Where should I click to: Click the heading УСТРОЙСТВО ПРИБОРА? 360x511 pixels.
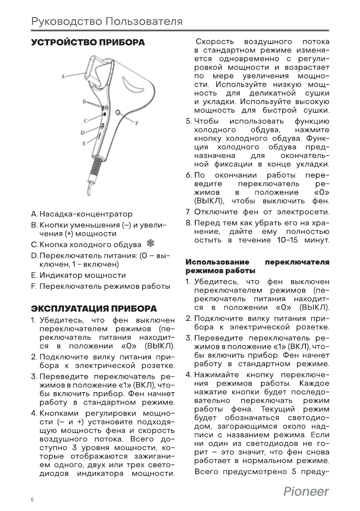88,43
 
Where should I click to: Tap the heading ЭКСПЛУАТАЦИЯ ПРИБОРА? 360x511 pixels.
94,309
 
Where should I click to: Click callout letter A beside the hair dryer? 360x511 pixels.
63,76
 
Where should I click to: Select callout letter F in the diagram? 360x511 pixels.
137,123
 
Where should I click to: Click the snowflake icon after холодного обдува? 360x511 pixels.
150,244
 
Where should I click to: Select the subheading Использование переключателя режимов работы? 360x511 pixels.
257,266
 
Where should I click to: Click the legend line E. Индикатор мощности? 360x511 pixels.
79,275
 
